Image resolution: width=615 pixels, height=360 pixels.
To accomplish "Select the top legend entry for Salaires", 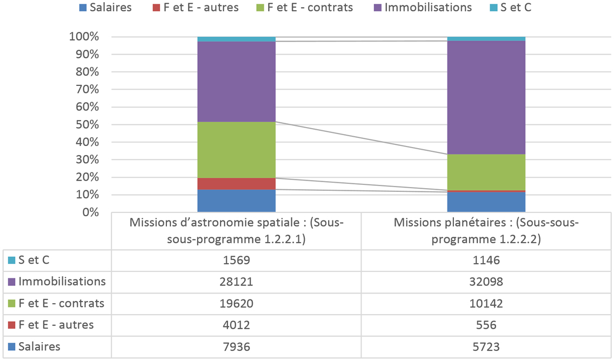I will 105,8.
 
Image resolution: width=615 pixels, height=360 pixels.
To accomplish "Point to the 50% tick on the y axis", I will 84,124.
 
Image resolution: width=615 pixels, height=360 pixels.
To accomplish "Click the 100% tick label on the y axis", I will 84,37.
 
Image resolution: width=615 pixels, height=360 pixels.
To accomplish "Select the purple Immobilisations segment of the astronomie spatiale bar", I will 236,82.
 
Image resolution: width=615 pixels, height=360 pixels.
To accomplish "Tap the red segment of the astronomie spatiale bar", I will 236,183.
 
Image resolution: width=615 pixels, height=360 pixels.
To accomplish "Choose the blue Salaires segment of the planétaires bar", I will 486,202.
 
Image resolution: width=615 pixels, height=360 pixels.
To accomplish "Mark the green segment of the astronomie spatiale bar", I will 236,150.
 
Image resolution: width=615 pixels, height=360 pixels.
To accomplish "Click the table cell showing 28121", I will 236,282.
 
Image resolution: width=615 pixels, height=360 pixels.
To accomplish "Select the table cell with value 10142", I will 486,303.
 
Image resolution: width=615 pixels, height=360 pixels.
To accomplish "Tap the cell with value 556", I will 486,325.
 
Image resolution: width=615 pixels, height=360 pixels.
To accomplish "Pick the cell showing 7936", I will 236,346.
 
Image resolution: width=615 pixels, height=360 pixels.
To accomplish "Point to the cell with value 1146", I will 486,260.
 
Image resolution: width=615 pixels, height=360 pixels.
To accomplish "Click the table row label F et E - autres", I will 56,325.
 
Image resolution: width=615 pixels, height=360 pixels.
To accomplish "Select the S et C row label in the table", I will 34,260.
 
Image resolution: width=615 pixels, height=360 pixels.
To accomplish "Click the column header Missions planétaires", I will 486,231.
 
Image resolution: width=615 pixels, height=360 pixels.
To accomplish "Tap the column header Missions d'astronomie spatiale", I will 236,231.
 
